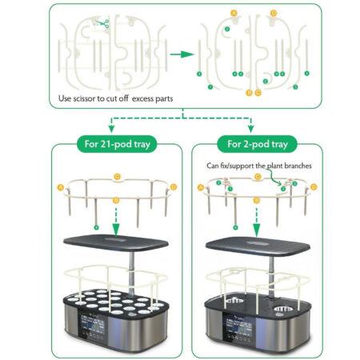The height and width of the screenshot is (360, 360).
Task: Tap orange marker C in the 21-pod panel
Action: pyautogui.click(x=118, y=174)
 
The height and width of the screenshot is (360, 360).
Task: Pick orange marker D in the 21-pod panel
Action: pyautogui.click(x=174, y=187)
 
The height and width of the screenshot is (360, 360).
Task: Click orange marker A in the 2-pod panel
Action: pyautogui.click(x=200, y=186)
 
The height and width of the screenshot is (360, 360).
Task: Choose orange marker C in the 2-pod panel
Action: pyautogui.click(x=258, y=174)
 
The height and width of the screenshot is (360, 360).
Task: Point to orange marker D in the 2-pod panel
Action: pyautogui.click(x=314, y=187)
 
